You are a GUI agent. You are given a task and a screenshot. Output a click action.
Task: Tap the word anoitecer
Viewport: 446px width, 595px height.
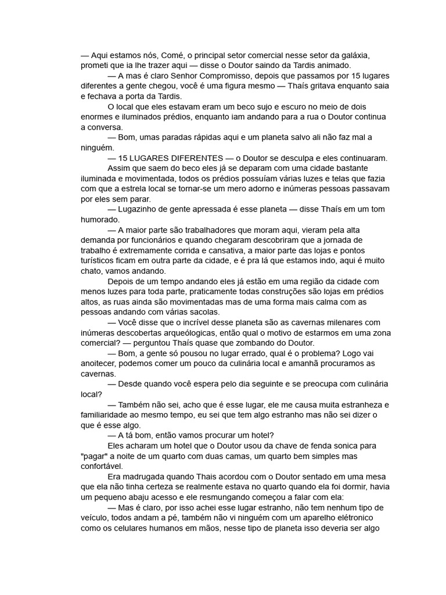100,363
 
